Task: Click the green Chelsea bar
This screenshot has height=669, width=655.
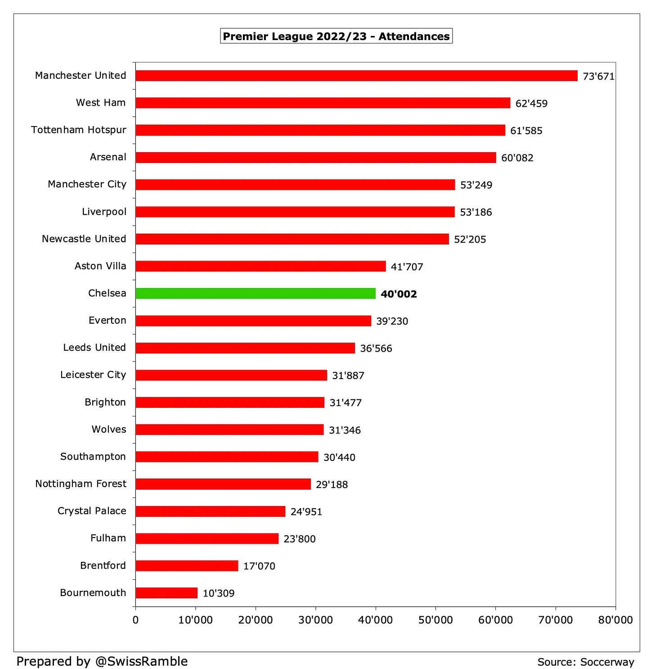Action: (255, 293)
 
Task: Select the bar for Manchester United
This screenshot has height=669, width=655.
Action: (356, 76)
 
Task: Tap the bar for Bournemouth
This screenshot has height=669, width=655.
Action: (166, 593)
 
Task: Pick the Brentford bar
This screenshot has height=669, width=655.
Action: (187, 566)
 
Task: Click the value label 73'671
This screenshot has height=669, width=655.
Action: (598, 77)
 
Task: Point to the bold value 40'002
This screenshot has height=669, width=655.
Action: (399, 294)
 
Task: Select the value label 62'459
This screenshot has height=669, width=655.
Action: (531, 104)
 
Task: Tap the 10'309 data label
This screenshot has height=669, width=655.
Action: (219, 593)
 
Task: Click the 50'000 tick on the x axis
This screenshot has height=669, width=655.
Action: (435, 620)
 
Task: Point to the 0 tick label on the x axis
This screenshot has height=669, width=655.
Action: (135, 620)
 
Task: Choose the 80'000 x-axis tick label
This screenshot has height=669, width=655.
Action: (615, 620)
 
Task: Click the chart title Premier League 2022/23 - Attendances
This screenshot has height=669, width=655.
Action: (336, 36)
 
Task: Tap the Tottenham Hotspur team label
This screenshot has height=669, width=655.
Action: (79, 130)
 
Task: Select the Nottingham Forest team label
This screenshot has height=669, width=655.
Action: (81, 484)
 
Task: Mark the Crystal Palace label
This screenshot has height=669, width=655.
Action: (92, 511)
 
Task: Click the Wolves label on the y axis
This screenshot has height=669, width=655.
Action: (109, 429)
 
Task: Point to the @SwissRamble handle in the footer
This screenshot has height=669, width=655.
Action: (141, 661)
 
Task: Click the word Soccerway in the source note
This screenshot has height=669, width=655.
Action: (607, 662)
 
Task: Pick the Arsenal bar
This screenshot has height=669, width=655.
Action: (315, 158)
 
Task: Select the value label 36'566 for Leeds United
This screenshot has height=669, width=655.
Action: (376, 348)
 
